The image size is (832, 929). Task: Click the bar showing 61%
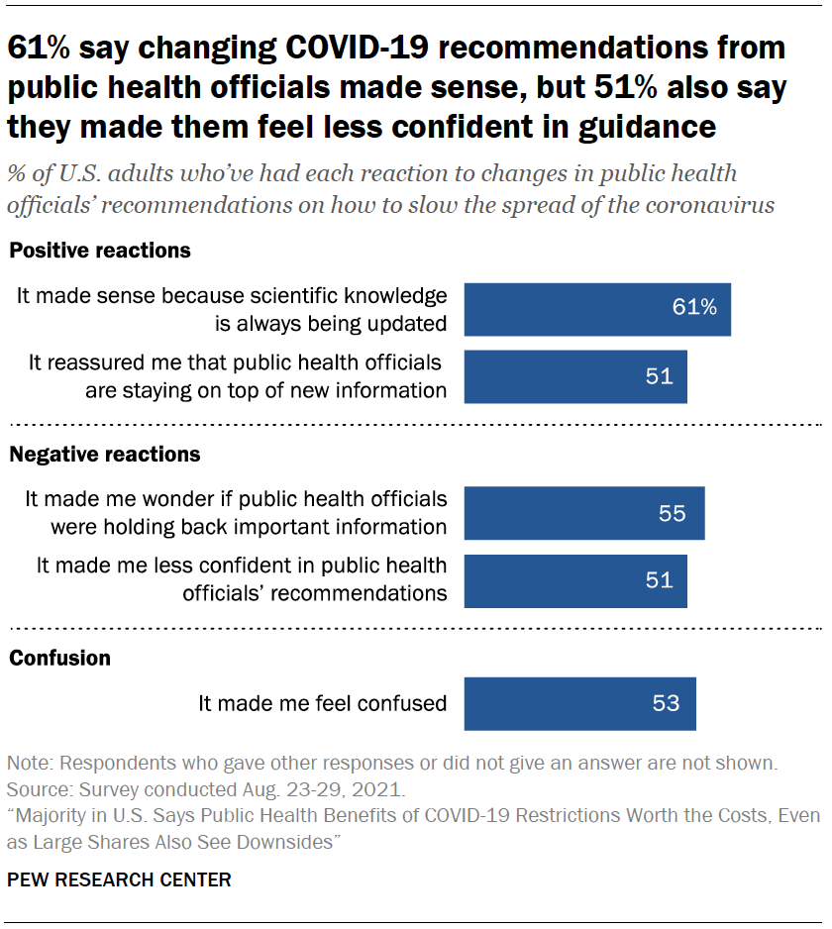point(597,308)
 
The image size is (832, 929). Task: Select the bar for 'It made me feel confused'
point(579,703)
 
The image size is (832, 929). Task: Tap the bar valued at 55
point(584,513)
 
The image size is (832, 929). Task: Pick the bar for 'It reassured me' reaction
point(575,376)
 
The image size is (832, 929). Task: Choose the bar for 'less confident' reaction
point(575,580)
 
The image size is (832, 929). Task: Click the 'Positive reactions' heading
point(100,251)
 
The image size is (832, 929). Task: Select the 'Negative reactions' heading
point(105,455)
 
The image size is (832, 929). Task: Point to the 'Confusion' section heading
point(59,659)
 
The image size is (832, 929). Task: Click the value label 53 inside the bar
point(666,703)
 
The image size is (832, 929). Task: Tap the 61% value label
point(693,308)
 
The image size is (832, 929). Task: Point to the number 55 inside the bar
point(673,513)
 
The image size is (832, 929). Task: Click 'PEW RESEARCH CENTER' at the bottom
point(120,879)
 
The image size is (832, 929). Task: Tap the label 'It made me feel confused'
point(323,703)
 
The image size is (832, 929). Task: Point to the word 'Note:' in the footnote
point(31,765)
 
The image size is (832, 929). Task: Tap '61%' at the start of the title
point(43,49)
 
